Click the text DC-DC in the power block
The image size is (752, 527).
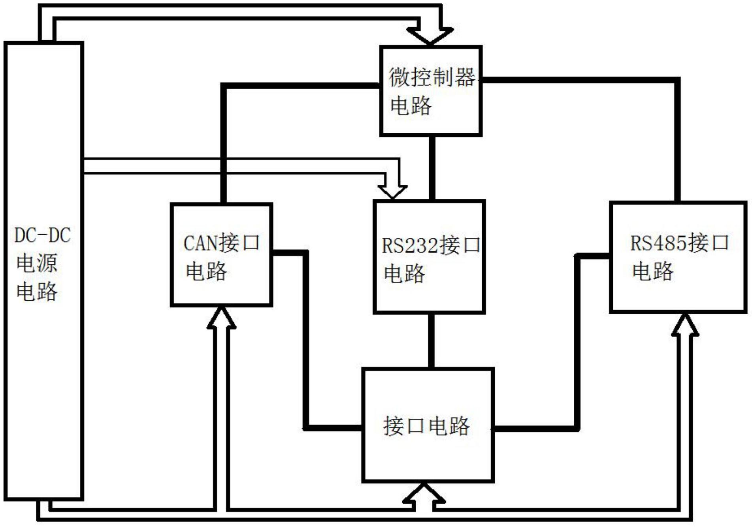click(42, 235)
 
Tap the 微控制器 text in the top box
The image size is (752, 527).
click(432, 77)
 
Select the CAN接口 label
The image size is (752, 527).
click(221, 243)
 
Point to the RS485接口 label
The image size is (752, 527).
click(679, 243)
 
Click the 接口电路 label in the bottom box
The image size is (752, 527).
click(426, 426)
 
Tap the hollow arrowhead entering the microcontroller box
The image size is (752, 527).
click(430, 36)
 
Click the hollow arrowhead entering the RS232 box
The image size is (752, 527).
click(392, 191)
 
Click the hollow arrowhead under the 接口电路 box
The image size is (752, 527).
click(424, 494)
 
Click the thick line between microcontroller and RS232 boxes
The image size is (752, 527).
click(432, 168)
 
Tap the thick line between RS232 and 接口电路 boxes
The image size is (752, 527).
click(432, 341)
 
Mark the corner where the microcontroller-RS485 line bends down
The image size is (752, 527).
click(677, 81)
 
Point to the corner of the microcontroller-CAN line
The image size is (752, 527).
click(224, 86)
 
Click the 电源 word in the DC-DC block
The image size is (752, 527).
click(37, 263)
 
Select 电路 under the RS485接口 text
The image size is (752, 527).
click(652, 271)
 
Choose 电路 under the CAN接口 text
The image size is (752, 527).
click(206, 271)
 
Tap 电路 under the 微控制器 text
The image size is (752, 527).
click(411, 106)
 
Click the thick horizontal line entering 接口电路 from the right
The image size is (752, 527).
click(533, 428)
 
